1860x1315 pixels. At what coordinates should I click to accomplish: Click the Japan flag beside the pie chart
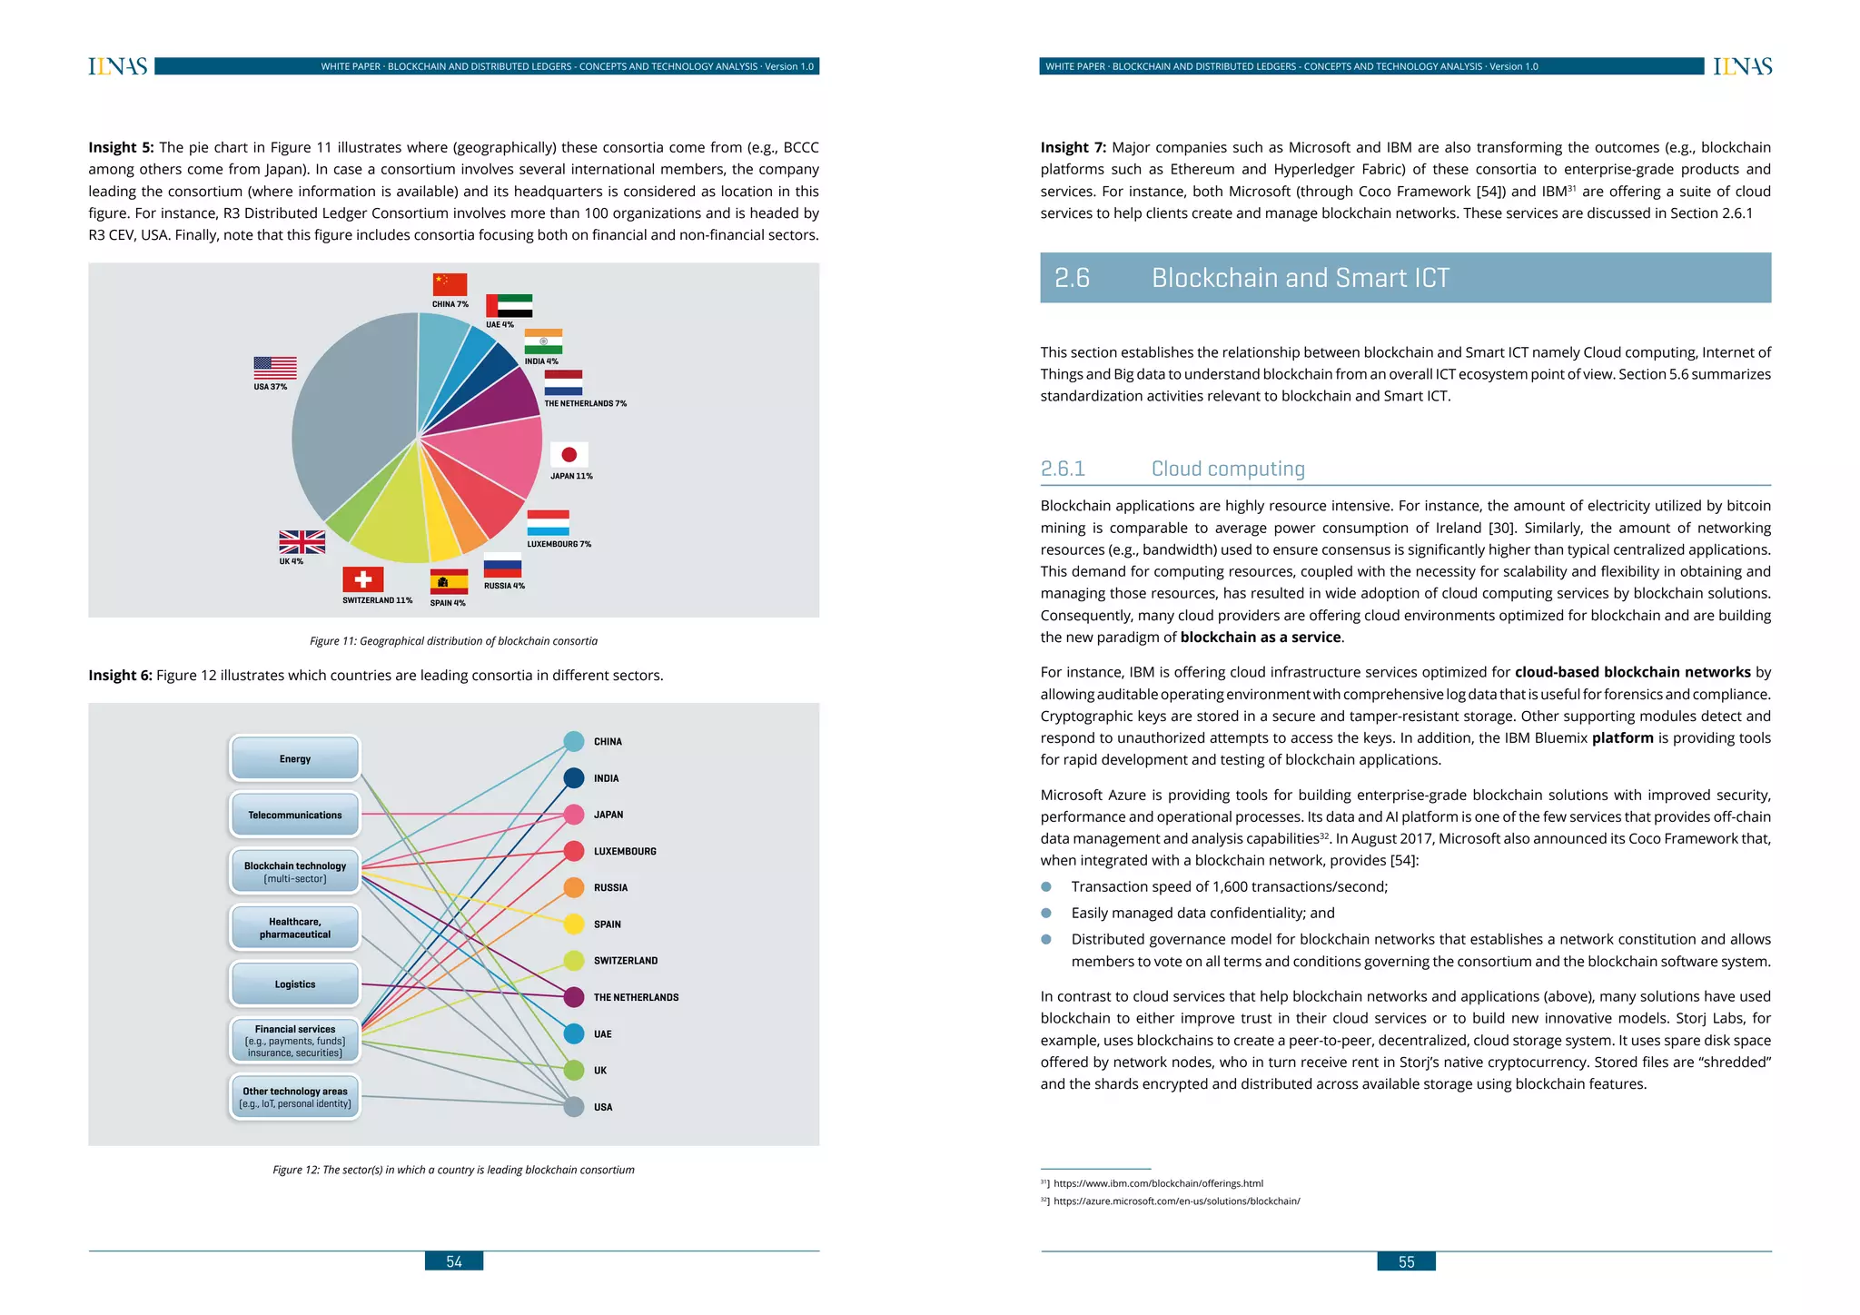(569, 454)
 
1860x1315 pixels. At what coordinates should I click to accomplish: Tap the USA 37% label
(270, 387)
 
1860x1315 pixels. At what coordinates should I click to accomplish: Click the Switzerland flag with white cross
(362, 579)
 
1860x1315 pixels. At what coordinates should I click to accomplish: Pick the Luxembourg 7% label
(559, 544)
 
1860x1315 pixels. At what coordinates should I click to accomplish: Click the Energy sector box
(295, 758)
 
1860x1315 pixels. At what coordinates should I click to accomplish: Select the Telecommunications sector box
(295, 815)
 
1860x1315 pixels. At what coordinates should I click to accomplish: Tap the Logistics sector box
(295, 984)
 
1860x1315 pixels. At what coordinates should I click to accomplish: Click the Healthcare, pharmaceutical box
(295, 927)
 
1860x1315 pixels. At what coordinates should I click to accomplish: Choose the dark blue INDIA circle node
(574, 778)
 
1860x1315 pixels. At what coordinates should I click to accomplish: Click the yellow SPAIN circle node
(574, 924)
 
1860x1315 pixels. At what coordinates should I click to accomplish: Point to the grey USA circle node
(574, 1107)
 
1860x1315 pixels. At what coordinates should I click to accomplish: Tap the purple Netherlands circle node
(574, 997)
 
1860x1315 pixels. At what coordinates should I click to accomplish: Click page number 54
(454, 1261)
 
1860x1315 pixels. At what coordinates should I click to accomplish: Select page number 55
(1406, 1261)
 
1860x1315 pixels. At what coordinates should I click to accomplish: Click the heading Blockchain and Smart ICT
(1300, 278)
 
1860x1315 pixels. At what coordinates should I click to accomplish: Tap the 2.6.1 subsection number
(1063, 469)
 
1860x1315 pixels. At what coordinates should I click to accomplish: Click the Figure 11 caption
(453, 641)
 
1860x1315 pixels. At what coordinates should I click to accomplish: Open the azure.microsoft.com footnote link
(1176, 1201)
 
